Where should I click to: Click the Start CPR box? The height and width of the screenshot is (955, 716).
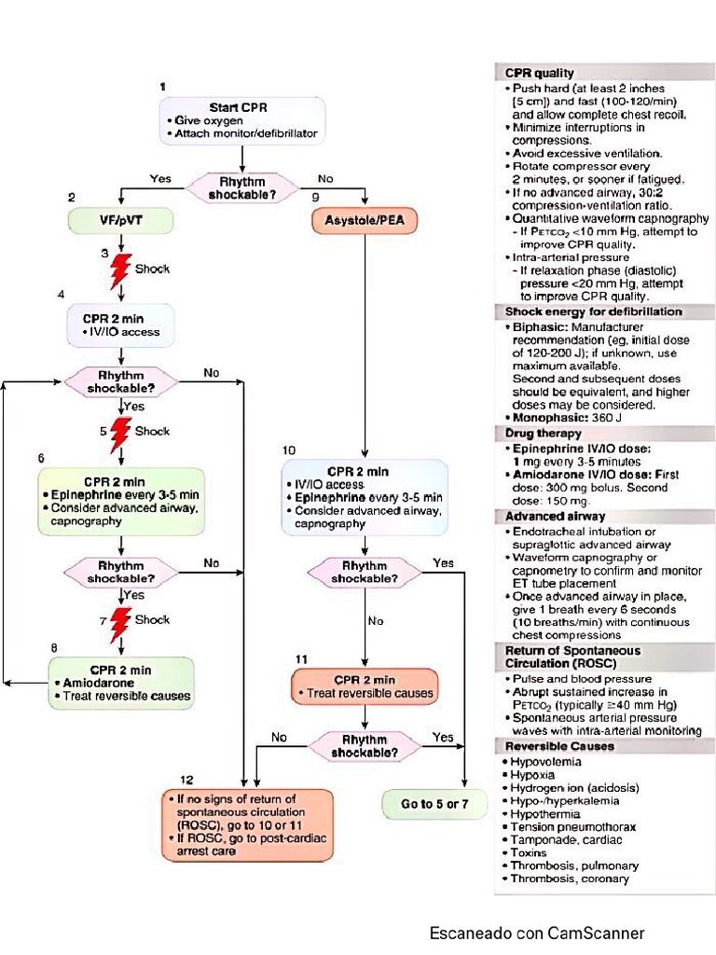[x=241, y=120]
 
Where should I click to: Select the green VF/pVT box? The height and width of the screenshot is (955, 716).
[x=107, y=220]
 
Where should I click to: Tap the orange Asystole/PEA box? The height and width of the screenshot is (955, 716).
[x=364, y=221]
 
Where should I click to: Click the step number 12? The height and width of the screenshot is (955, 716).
[x=187, y=779]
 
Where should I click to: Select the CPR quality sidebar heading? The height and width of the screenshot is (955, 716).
[x=540, y=73]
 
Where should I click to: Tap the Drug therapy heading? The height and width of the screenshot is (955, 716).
[x=544, y=433]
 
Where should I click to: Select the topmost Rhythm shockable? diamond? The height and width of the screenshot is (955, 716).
[x=241, y=187]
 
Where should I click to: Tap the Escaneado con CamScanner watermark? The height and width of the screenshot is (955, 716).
[x=536, y=933]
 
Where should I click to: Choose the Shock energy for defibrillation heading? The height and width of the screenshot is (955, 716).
[x=593, y=311]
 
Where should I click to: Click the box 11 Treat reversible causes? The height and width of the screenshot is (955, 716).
[x=365, y=686]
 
